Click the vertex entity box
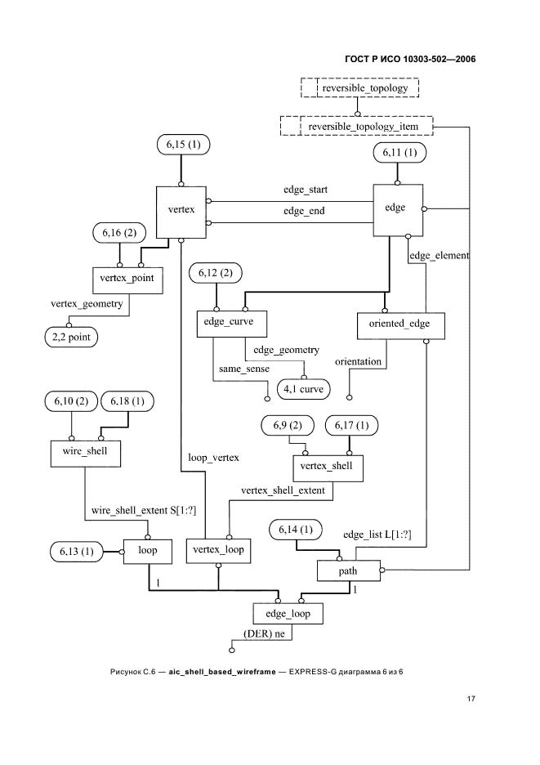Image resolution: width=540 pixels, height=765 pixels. pos(180,211)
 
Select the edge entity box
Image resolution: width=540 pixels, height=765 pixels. pos(395,208)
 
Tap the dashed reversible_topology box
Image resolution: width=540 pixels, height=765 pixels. pos(359,87)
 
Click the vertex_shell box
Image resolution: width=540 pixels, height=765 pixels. pos(328,466)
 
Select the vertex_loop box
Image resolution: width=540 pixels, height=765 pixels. pos(217,551)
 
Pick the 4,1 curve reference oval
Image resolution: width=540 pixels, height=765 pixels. pos(304,389)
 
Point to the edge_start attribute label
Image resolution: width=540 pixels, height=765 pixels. pos(306,190)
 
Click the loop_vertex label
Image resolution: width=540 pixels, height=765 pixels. pos(213,458)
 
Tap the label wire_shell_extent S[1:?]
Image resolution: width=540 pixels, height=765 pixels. pos(143,511)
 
